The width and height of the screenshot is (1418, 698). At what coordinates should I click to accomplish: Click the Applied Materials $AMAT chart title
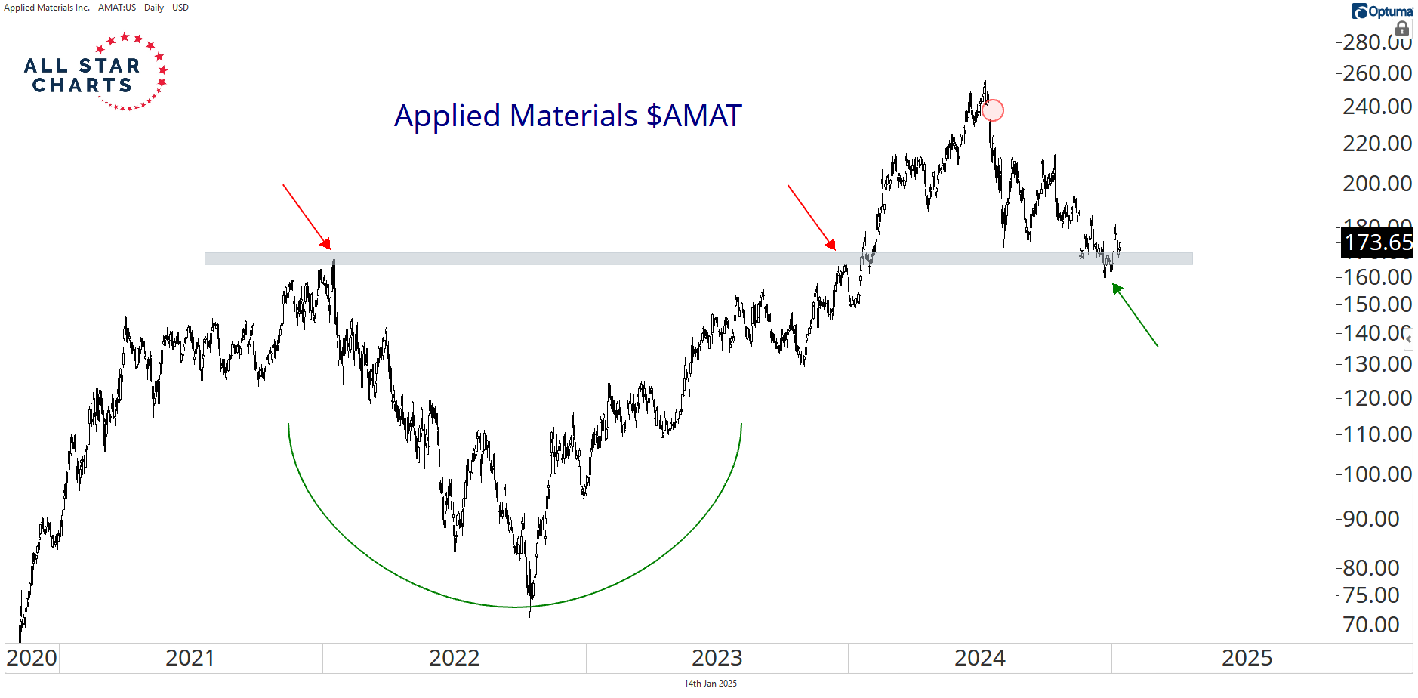[568, 116]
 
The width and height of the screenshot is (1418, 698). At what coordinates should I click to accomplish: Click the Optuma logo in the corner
[1382, 11]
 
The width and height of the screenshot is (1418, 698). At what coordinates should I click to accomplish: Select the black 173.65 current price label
[1377, 242]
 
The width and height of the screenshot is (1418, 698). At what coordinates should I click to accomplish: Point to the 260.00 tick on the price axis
[1376, 73]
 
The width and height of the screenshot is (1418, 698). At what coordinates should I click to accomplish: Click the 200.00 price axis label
[1376, 183]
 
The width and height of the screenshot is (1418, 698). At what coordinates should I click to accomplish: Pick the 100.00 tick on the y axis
[1376, 474]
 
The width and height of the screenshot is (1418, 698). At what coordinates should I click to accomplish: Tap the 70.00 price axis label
[1370, 625]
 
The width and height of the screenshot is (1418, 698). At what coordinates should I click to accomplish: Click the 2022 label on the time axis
[454, 658]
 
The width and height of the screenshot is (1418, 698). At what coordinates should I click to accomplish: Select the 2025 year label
[1247, 658]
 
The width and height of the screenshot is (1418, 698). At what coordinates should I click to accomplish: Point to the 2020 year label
[32, 658]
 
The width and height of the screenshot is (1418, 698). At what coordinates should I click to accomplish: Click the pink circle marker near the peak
[993, 110]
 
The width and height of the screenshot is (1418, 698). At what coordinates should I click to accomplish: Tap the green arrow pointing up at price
[1134, 314]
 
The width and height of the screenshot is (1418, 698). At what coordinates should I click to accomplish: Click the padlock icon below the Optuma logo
[1402, 29]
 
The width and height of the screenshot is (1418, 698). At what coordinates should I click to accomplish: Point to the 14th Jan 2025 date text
[710, 684]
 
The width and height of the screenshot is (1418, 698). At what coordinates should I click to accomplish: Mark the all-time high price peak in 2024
[985, 82]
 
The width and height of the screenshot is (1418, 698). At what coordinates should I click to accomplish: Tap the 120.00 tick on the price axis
[1376, 398]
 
